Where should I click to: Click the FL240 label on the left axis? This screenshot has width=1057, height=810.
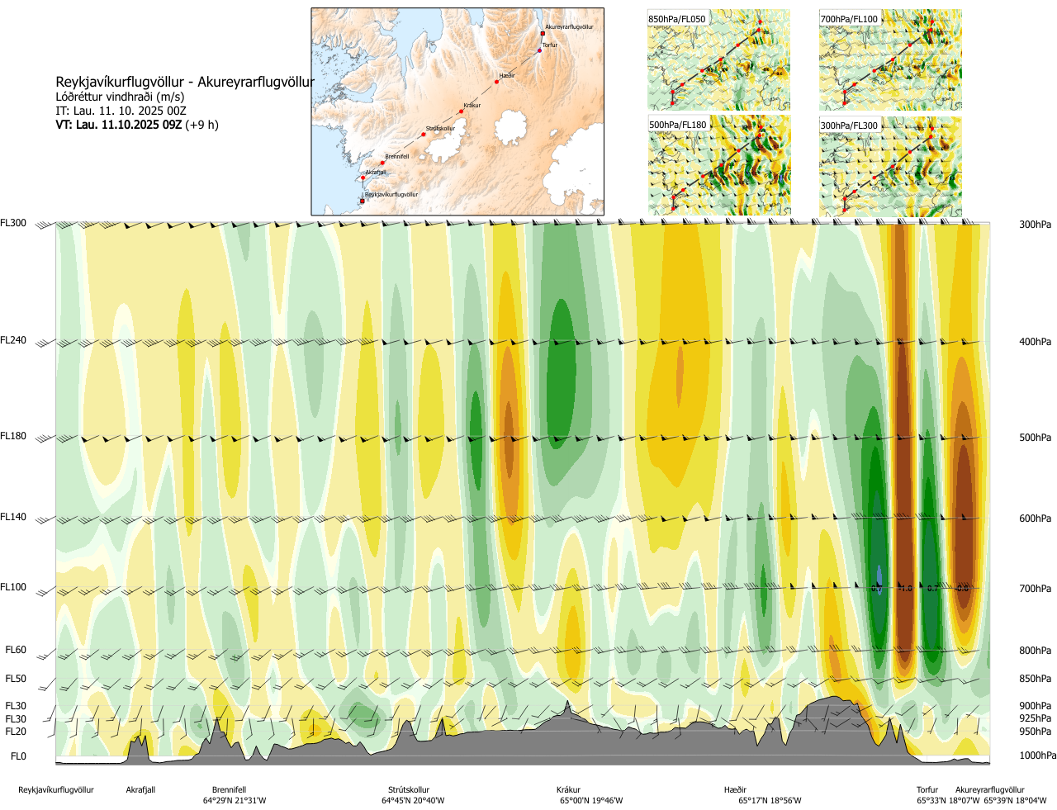[13, 340]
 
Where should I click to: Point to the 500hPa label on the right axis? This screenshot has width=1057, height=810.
[1035, 438]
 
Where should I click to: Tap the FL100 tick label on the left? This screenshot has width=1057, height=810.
[13, 587]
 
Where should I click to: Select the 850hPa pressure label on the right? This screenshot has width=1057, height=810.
[1035, 679]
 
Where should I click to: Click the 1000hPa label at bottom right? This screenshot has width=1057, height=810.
[1037, 756]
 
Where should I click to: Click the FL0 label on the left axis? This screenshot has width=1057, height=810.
[18, 756]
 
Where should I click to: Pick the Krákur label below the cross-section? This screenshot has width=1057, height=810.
[568, 790]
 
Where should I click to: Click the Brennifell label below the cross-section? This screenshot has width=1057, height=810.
[229, 790]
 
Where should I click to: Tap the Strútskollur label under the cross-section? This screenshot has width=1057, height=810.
[409, 790]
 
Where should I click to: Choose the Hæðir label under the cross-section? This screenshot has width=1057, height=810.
[735, 790]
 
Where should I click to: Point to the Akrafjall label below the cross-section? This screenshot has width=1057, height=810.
[140, 790]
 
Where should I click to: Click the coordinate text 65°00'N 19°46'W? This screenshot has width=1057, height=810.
[591, 801]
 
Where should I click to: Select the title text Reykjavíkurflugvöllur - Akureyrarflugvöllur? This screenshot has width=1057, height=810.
[185, 83]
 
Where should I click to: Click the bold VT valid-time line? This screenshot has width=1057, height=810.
[137, 126]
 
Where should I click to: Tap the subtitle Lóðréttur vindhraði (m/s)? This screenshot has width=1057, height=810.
[120, 97]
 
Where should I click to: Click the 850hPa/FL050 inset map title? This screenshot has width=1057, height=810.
[677, 19]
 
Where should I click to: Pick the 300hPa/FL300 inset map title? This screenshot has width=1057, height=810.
[850, 126]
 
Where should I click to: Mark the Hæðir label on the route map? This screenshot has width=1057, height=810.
[507, 76]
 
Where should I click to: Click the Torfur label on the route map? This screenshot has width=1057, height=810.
[550, 45]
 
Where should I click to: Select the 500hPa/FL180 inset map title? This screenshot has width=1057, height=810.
[678, 126]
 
